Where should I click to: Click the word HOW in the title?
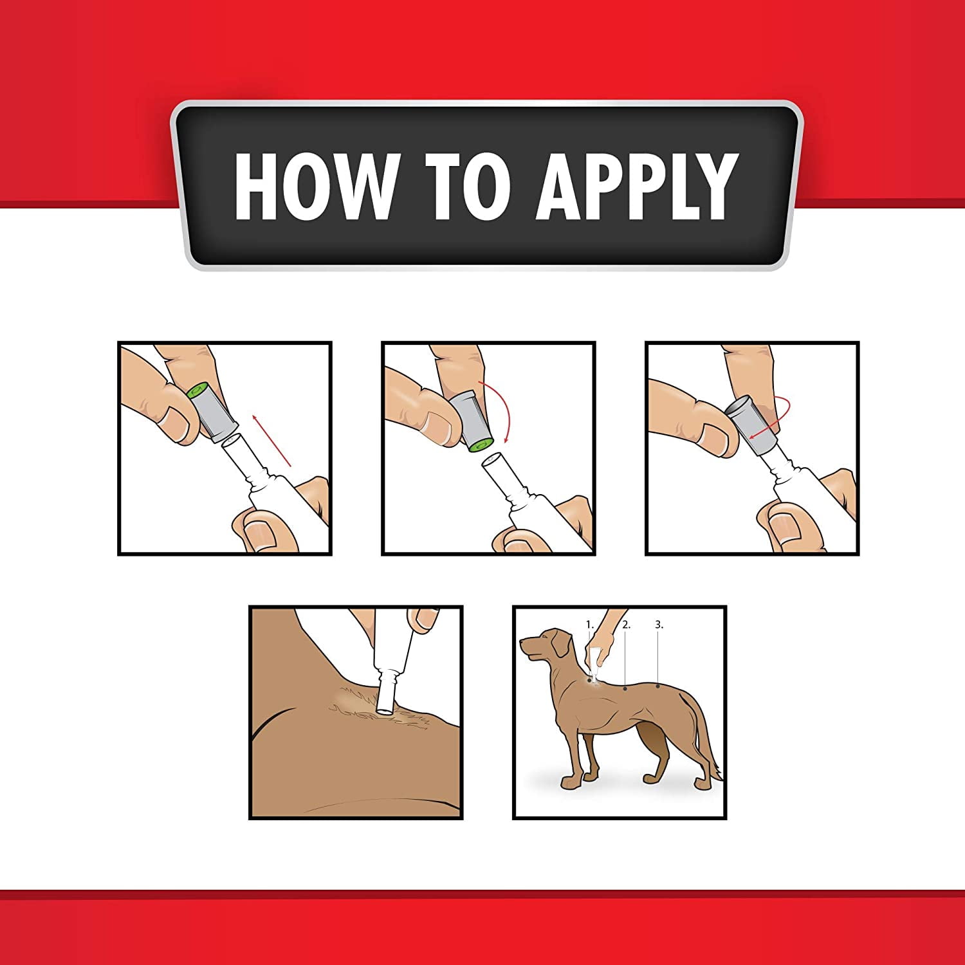315,186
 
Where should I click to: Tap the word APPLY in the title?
637,186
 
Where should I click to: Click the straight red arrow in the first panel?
272,440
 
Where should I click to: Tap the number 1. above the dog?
590,624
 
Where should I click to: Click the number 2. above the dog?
626,624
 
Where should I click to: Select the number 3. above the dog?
659,624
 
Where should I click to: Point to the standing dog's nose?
522,641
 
